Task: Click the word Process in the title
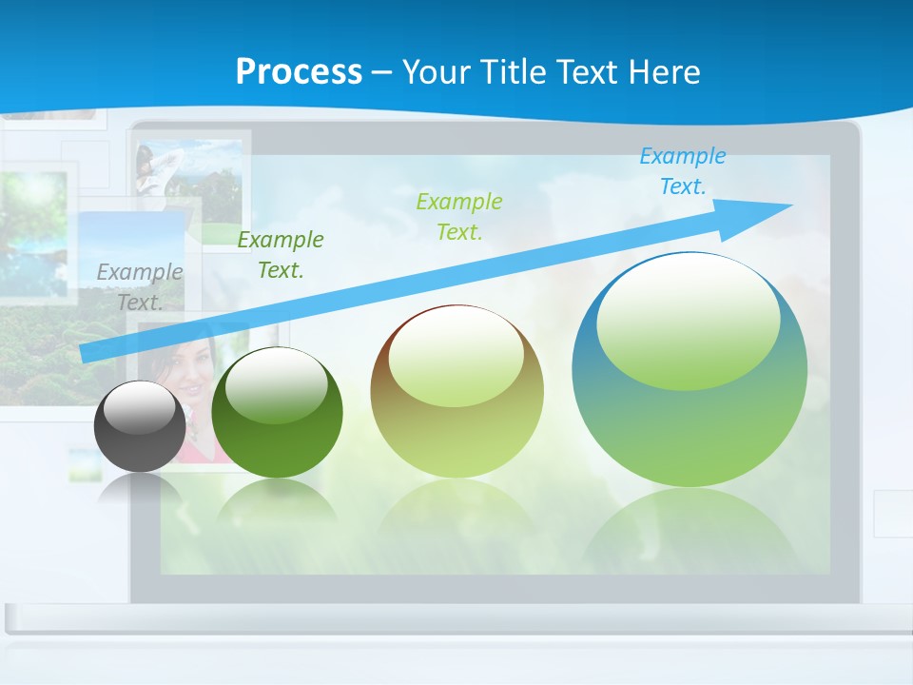pyautogui.click(x=299, y=72)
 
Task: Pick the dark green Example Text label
pyautogui.click(x=281, y=255)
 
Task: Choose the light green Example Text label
pyautogui.click(x=459, y=216)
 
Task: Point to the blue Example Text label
pyautogui.click(x=683, y=171)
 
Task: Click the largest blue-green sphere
pyautogui.click(x=690, y=419)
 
